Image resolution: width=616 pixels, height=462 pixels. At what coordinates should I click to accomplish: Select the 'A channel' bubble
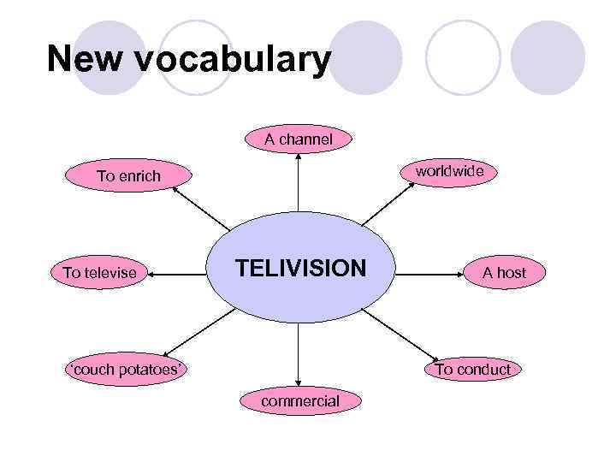pyautogui.click(x=299, y=138)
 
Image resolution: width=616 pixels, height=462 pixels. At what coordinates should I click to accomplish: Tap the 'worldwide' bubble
pyautogui.click(x=449, y=172)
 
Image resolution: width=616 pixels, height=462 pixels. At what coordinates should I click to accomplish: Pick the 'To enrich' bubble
pyautogui.click(x=128, y=176)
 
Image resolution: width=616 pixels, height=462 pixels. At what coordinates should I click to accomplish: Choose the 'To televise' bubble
pyautogui.click(x=99, y=273)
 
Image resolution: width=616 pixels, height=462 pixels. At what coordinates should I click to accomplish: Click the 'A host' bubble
pyautogui.click(x=504, y=273)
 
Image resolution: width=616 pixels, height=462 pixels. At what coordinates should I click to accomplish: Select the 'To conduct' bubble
pyautogui.click(x=472, y=370)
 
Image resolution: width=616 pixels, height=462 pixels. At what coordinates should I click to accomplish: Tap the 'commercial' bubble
pyautogui.click(x=299, y=400)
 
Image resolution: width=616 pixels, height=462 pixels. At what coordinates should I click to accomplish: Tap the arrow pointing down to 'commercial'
pyautogui.click(x=299, y=355)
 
